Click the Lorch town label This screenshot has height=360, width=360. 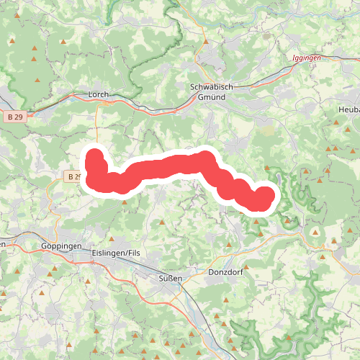click(97, 94)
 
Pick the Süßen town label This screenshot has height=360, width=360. click(171, 278)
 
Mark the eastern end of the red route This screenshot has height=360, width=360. click(265, 195)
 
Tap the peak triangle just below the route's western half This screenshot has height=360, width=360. click(125, 202)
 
